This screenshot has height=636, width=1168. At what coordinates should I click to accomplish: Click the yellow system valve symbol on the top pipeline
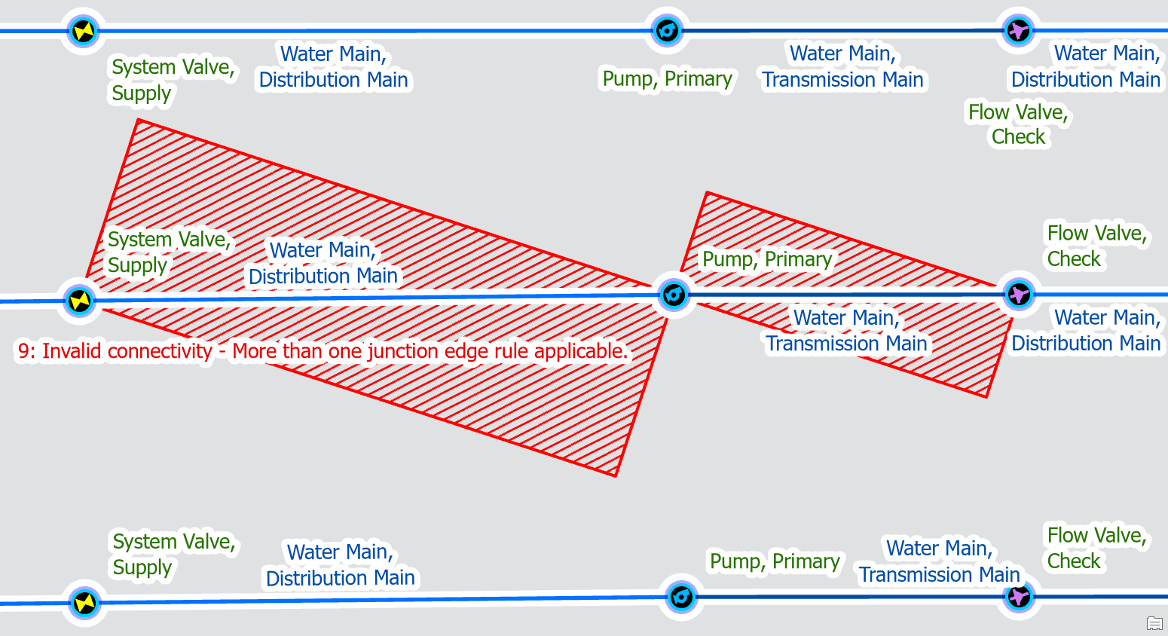83,31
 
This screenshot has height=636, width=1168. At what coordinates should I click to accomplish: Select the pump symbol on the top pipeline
667,31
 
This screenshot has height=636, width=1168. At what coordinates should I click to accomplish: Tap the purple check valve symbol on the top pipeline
1019,31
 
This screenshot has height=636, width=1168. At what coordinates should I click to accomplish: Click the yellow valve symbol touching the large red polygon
79,301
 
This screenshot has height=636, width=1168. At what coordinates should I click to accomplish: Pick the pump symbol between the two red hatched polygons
673,294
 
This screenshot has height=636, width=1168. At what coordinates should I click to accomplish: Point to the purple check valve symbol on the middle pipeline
1019,294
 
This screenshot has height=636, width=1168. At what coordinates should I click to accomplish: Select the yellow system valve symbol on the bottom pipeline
84,603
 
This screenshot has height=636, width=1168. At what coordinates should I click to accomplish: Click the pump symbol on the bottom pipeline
680,597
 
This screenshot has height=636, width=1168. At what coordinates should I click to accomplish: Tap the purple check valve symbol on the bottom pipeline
1019,597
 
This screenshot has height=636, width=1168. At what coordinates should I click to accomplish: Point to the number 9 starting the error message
25,351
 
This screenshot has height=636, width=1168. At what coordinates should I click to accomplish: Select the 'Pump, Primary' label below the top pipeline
667,79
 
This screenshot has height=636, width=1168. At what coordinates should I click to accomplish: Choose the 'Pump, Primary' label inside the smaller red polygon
766,259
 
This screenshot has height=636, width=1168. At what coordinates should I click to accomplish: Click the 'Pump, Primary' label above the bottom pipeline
775,561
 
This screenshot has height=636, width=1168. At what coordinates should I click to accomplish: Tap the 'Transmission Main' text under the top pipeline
842,80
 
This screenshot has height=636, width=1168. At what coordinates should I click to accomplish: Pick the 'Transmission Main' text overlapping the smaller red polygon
846,344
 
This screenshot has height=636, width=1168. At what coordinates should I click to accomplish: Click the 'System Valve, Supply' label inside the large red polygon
168,252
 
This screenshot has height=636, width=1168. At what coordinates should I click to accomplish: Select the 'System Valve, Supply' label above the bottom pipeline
174,554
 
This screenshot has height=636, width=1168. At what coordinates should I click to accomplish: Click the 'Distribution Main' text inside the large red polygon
323,277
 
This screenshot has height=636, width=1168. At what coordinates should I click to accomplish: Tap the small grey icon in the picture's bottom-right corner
1154,623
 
